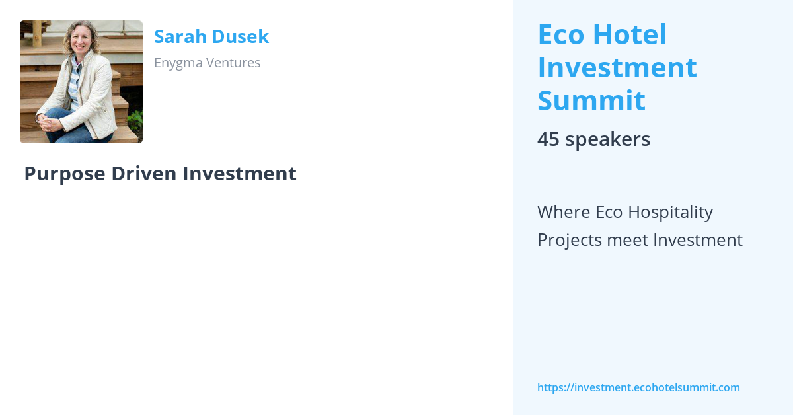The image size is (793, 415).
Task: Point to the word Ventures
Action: pyautogui.click(x=236, y=63)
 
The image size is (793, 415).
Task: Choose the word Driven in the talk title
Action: pyautogui.click(x=144, y=174)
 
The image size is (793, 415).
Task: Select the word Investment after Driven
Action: pyautogui.click(x=239, y=174)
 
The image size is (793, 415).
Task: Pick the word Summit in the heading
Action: pyautogui.click(x=591, y=101)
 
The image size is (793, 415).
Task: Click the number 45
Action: pyautogui.click(x=548, y=139)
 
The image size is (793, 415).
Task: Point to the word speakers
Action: pyautogui.click(x=607, y=139)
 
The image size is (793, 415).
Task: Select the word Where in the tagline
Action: pyautogui.click(x=564, y=212)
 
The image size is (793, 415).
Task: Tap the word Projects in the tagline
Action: pyautogui.click(x=568, y=240)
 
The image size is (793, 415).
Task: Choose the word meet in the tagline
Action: pyautogui.click(x=627, y=240)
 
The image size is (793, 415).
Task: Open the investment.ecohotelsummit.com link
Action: pyautogui.click(x=638, y=388)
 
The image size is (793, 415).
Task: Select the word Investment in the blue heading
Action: pyautogui.click(x=617, y=68)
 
